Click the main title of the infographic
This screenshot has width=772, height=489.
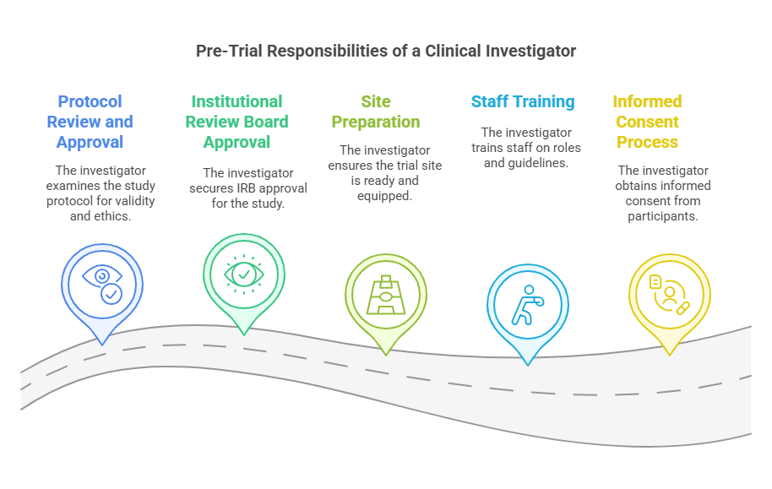(x=386, y=52)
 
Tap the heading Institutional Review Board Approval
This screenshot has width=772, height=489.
(x=237, y=122)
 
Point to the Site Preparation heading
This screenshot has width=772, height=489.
(x=376, y=111)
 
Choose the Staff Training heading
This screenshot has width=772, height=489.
(x=523, y=101)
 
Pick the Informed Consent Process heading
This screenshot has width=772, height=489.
(x=648, y=122)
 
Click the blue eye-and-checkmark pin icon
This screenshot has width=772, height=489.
(x=102, y=284)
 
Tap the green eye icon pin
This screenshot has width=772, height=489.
(x=244, y=274)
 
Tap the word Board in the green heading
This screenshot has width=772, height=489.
(x=265, y=122)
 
